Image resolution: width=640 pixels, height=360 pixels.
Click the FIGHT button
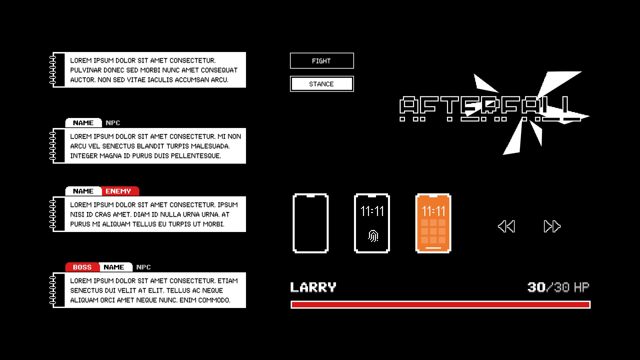coord(322,61)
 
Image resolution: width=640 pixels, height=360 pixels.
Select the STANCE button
coord(322,84)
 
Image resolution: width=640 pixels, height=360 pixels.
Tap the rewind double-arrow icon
coord(506,226)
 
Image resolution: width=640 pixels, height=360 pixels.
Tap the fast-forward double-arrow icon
coord(552,226)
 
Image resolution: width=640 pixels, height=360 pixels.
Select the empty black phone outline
coord(311,223)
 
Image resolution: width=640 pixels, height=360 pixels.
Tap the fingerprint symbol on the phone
coord(373,236)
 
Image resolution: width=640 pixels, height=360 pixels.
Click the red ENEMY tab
coord(119,191)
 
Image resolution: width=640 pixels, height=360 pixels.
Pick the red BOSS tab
coord(82,267)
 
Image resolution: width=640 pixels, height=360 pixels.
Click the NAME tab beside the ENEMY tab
coord(83,191)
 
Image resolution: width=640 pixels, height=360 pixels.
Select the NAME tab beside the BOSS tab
coord(114,267)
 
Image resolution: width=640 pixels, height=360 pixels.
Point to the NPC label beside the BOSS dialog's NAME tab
coord(144,267)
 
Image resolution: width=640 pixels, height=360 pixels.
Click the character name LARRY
coord(313,287)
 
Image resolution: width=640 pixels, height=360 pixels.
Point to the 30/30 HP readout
coord(558,287)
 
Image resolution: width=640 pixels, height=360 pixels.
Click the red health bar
coord(440,305)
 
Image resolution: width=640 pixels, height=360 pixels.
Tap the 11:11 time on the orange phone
coord(433,211)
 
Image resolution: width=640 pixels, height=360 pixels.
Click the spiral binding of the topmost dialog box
coord(53,70)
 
